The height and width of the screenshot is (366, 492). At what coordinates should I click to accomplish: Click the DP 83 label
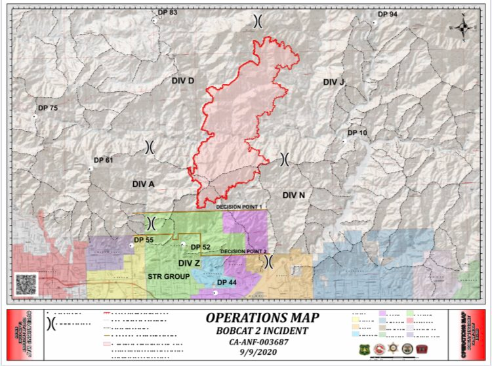[x=167, y=12]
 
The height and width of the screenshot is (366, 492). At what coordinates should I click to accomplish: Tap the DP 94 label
[x=388, y=14]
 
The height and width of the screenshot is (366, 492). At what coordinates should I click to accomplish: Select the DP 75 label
[x=48, y=108]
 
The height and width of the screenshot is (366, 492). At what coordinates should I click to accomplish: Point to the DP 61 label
[x=104, y=160]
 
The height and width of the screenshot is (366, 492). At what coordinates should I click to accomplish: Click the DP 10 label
[x=357, y=132]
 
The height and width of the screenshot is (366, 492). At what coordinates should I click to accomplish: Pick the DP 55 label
[x=144, y=240]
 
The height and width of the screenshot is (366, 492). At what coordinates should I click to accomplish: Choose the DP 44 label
[x=226, y=282]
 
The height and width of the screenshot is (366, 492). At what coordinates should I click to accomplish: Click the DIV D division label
[x=183, y=81]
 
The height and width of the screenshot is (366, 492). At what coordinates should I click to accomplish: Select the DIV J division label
[x=333, y=82]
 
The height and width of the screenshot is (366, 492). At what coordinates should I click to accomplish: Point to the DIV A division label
[x=142, y=184]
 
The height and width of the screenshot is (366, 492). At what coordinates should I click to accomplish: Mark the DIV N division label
[x=293, y=195]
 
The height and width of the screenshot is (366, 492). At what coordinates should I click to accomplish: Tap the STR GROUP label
[x=168, y=277]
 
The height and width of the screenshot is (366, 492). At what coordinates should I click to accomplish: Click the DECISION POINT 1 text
[x=239, y=207]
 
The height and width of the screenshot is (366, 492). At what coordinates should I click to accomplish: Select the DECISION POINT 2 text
[x=243, y=251]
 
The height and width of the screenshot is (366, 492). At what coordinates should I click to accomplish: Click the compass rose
[x=463, y=27]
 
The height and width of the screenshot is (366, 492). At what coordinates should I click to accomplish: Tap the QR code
[x=26, y=284]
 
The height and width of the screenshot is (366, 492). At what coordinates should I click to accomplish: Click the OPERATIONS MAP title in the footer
[x=262, y=318]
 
